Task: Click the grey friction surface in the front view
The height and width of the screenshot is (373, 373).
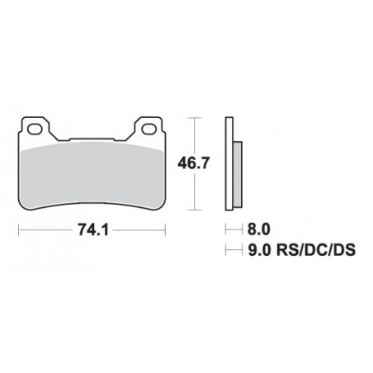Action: tap(91, 169)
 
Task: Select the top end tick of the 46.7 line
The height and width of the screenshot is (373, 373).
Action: tap(193, 117)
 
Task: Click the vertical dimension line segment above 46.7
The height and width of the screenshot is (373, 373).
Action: tap(193, 135)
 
